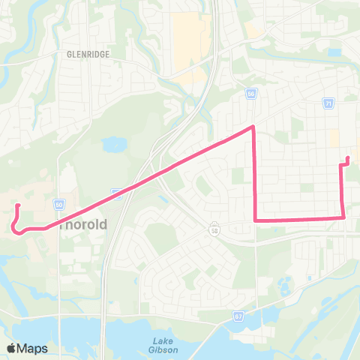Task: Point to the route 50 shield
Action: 58,204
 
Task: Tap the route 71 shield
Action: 329,102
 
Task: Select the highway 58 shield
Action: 214,226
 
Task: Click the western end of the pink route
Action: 17,204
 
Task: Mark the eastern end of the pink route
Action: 349,157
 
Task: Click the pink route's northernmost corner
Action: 253,127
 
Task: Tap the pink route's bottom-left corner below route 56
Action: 256,220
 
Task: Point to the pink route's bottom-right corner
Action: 343,217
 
